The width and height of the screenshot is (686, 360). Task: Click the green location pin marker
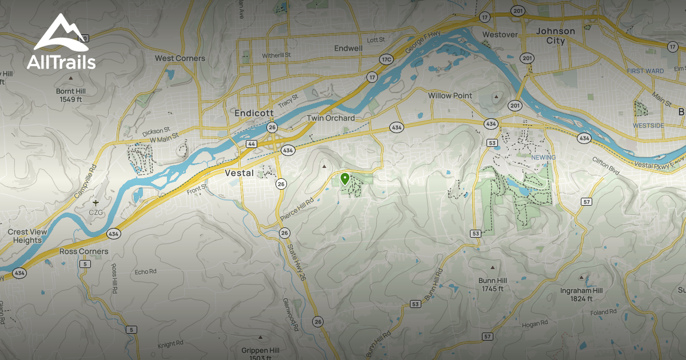tap(345, 178)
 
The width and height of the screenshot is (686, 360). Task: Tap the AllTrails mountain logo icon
tap(60, 35)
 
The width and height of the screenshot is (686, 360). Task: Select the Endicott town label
tap(255, 113)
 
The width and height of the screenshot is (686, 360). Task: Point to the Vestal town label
tap(239, 173)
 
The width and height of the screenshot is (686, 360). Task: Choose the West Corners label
tap(180, 58)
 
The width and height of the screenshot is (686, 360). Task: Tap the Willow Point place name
tap(450, 95)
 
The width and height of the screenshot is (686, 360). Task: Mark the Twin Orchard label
tap(330, 118)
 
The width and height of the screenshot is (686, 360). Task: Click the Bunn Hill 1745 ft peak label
tap(492, 285)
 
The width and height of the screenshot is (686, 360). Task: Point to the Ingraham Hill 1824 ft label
tap(581, 294)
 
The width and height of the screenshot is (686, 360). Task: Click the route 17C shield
tap(386, 59)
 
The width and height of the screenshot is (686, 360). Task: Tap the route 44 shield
tap(252, 145)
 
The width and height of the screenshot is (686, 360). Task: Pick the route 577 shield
tap(487, 337)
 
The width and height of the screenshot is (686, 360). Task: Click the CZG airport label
tap(95, 212)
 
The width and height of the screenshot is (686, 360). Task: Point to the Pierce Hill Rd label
tap(297, 210)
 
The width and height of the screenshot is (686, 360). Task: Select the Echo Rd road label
tap(146, 272)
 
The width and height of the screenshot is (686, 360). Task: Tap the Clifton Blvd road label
tap(605, 166)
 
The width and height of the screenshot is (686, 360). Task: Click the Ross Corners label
tap(83, 251)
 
